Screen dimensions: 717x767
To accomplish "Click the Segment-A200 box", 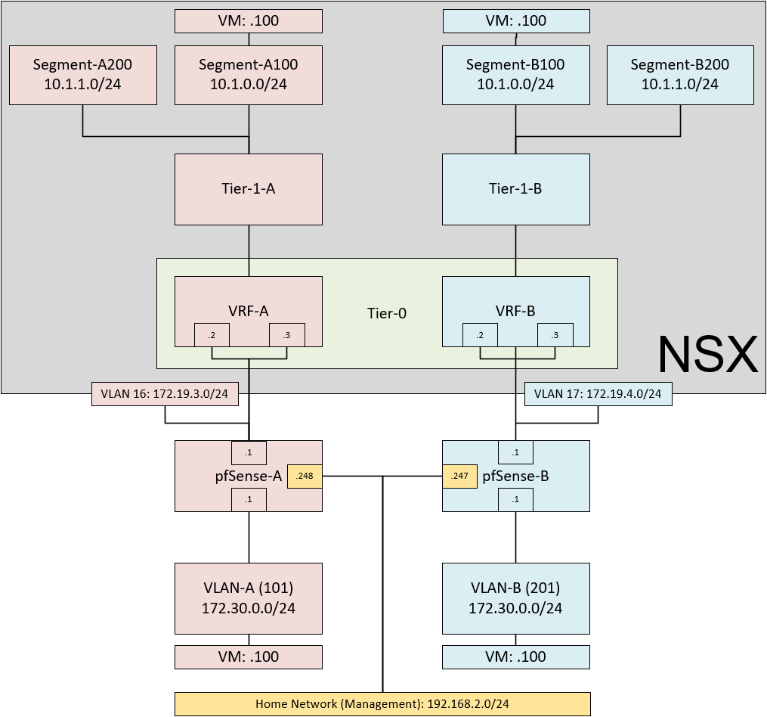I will [x=82, y=74].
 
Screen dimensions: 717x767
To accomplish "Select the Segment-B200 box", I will [x=680, y=74].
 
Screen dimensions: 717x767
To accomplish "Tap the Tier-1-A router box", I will [x=249, y=189].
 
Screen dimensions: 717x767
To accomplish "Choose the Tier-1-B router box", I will [x=515, y=189].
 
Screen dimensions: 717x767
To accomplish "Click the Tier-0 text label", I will [x=387, y=312].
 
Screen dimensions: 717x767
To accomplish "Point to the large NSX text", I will [x=707, y=354].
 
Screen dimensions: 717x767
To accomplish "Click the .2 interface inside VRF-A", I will [x=212, y=335].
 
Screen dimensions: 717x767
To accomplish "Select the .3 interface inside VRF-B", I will [x=555, y=335].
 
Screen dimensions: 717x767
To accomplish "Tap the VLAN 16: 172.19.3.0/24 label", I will [x=165, y=393].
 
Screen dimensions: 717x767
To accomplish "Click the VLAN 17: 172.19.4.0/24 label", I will [x=598, y=393].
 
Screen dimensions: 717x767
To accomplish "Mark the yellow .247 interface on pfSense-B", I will [x=459, y=476].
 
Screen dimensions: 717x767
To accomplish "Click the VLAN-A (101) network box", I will [x=249, y=597].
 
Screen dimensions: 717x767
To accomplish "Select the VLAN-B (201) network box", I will [x=515, y=597].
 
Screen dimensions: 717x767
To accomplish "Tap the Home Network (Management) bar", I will [x=382, y=703].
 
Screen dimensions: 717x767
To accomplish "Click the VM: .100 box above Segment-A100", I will [x=249, y=20].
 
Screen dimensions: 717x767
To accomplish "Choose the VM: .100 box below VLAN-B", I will [x=515, y=656].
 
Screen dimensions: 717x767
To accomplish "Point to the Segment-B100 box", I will [x=515, y=74].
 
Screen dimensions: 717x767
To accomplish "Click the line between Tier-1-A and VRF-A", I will [x=249, y=250].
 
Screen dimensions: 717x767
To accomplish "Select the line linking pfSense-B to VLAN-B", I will [x=515, y=536].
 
